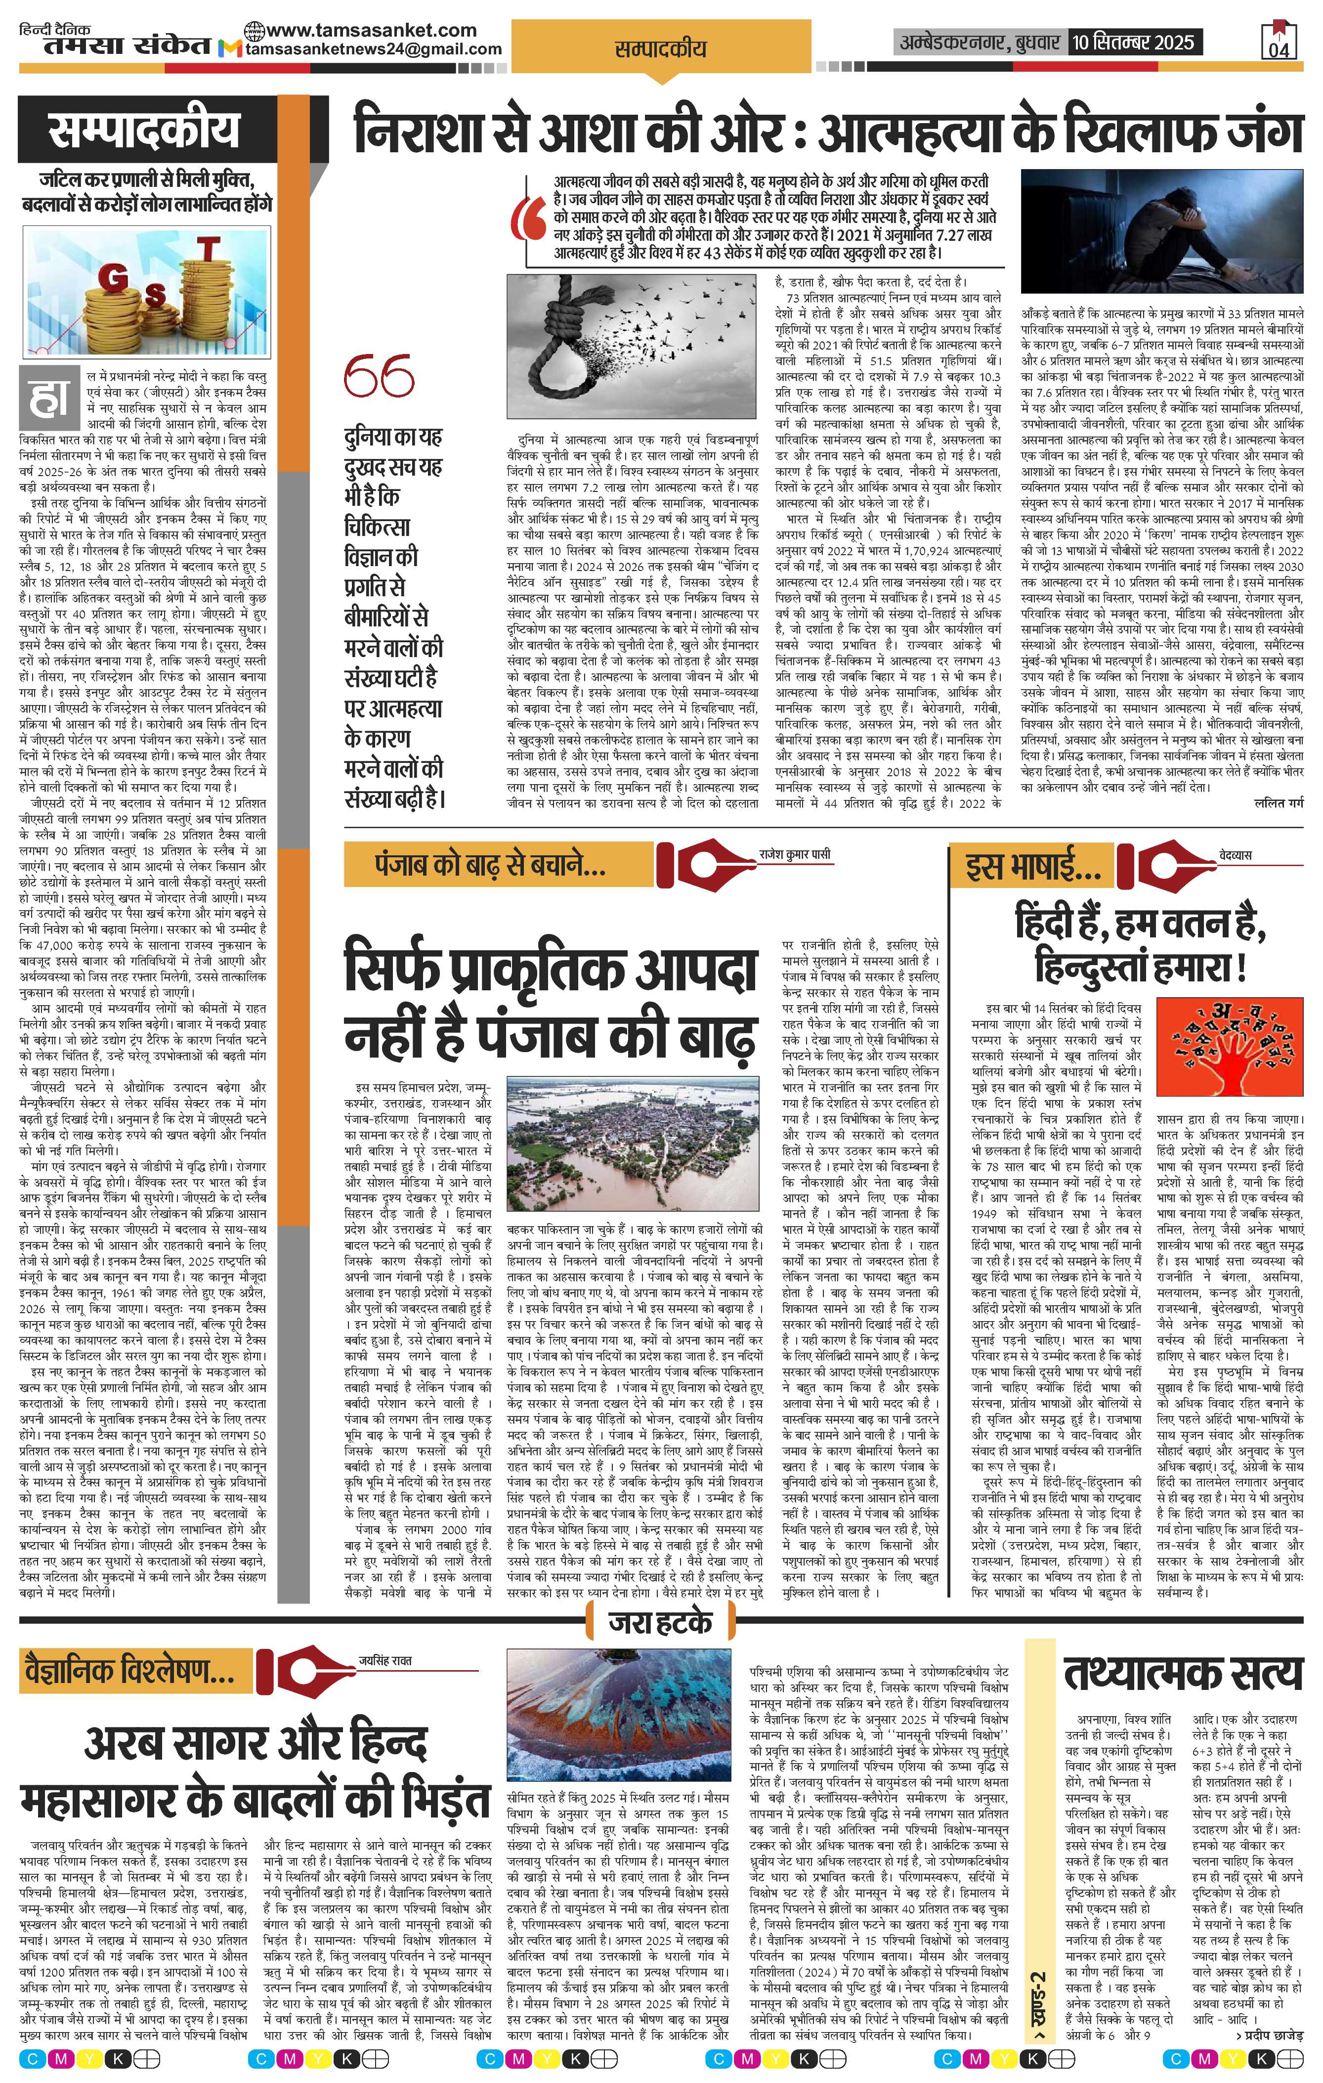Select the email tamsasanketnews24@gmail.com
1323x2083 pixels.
tap(373, 49)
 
